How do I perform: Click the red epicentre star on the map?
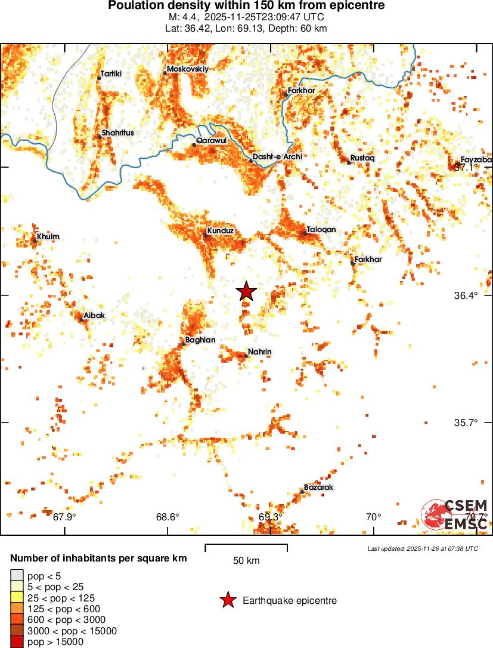tap(246, 292)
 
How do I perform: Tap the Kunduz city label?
tap(220, 230)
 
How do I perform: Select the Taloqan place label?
tap(321, 229)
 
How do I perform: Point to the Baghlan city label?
tap(200, 340)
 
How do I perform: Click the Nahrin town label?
tap(259, 351)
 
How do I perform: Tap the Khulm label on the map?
tap(48, 237)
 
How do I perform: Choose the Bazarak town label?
tap(318, 487)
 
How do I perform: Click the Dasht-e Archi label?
tap(277, 156)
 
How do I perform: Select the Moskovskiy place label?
tap(188, 69)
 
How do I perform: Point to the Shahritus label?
tap(117, 132)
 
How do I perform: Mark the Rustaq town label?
tap(362, 158)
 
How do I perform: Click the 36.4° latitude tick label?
tap(467, 296)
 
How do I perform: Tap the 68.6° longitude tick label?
tap(168, 517)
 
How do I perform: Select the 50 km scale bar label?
tap(246, 560)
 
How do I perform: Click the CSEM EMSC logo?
tap(455, 514)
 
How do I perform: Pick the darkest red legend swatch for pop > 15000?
tap(17, 641)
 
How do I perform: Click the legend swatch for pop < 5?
tap(17, 576)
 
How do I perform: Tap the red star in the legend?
tap(227, 600)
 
